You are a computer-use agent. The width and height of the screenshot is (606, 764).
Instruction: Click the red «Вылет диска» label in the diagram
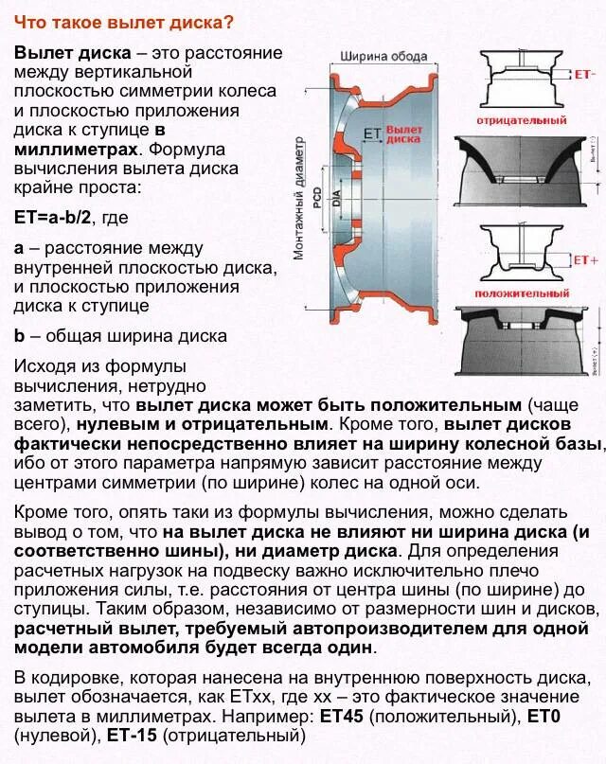(x=404, y=133)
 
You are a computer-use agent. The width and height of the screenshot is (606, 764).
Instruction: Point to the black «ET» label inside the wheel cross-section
(x=371, y=134)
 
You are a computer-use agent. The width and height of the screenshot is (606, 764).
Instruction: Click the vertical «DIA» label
(x=336, y=198)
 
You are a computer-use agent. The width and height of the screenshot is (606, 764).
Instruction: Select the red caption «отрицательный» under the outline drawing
(x=523, y=120)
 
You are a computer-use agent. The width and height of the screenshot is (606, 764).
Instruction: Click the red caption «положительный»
(x=523, y=294)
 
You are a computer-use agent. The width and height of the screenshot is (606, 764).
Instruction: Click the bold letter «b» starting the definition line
(x=20, y=335)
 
